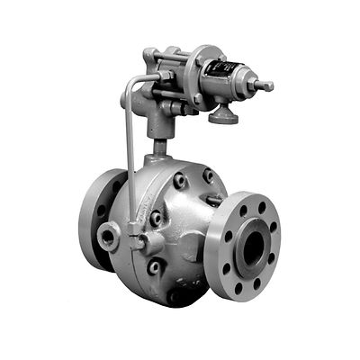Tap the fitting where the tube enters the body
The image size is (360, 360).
click(138, 241)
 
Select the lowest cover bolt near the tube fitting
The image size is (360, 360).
click(153, 266)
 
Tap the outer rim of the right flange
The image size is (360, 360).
click(220, 270)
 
